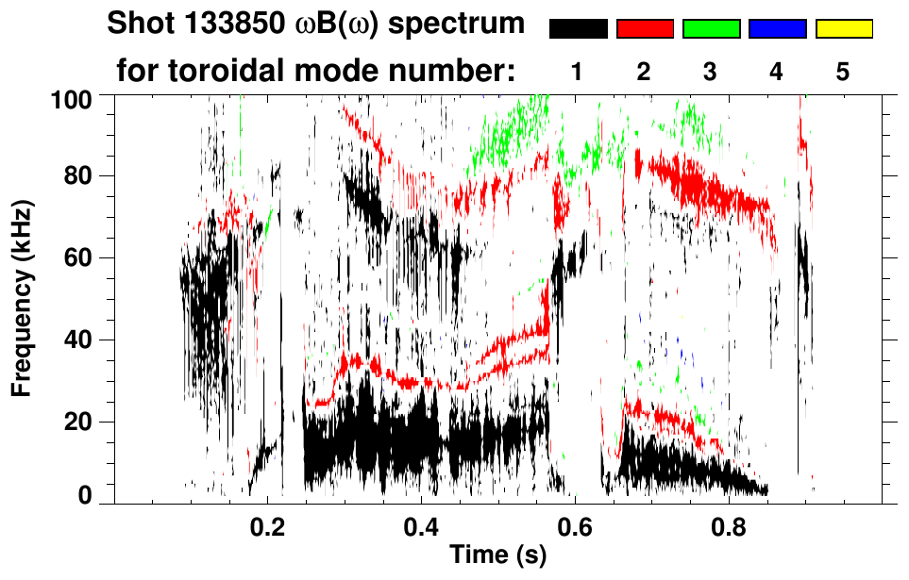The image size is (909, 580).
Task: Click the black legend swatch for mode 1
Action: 579,29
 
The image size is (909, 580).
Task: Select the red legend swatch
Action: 645,29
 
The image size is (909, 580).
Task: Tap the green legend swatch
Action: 711,29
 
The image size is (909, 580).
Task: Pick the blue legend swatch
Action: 777,29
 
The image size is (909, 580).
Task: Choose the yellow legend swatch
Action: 844,29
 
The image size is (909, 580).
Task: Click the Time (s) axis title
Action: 497,556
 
